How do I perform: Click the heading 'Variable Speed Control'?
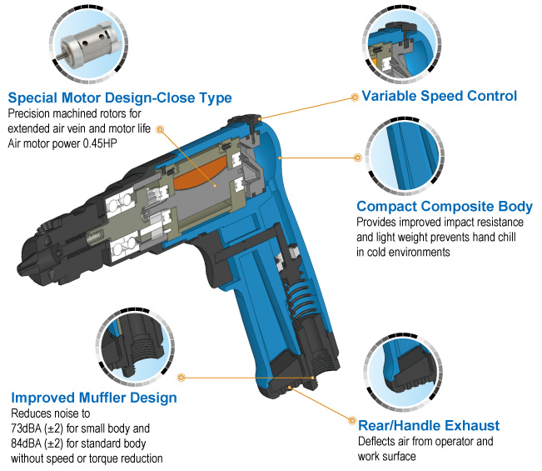[439, 96]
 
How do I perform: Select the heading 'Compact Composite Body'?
[445, 206]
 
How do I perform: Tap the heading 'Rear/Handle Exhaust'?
[429, 425]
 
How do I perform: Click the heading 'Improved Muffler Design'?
[93, 398]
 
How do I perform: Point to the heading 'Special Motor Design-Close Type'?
[119, 97]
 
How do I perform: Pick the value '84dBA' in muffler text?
[30, 443]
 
